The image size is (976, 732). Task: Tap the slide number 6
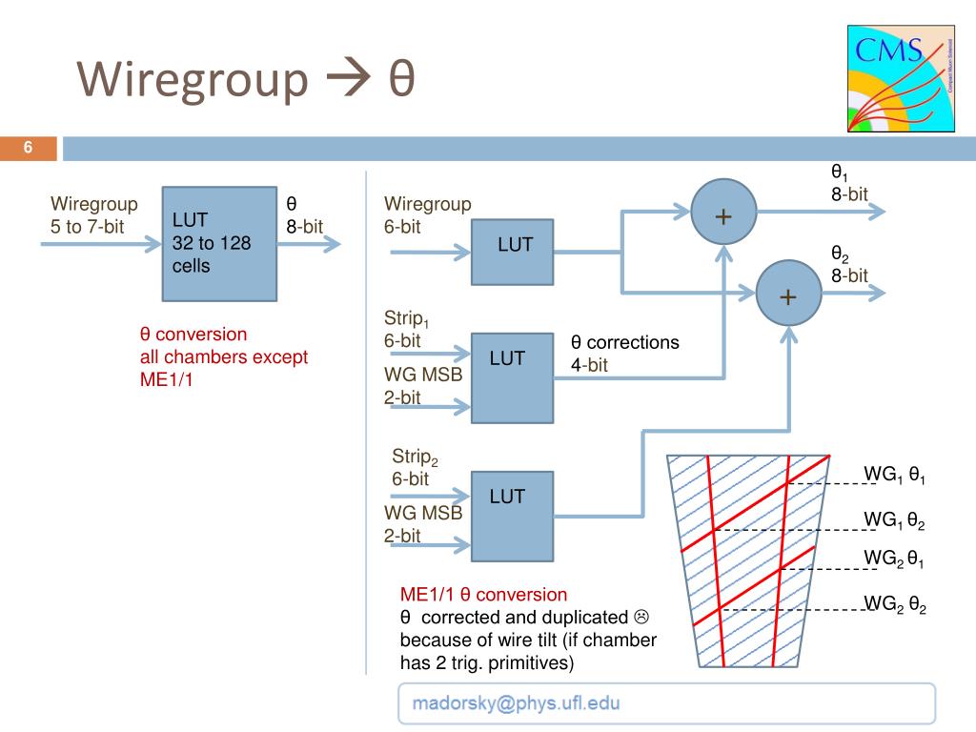coord(29,148)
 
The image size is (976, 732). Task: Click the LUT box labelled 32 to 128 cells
coord(220,242)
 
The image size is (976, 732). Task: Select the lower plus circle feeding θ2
coord(788,296)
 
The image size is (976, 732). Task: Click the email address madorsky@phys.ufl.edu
coord(516,704)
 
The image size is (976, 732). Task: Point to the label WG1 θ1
coord(894,474)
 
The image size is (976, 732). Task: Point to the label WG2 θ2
coord(894,603)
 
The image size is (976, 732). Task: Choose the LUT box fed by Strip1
coord(512,376)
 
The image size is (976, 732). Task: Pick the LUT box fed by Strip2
coord(512,514)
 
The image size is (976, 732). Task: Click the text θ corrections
coord(625,342)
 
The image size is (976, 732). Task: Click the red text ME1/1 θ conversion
coord(483,595)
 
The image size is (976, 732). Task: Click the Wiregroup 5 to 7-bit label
coord(93,214)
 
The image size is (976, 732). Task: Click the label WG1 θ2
coord(894,519)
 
